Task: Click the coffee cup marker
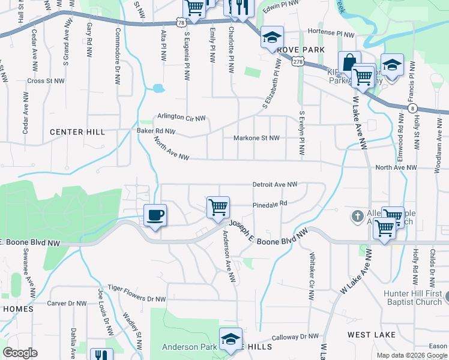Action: coord(155,215)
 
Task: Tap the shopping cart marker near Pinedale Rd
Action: coord(218,207)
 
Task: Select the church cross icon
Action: coord(357,215)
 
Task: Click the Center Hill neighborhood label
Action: coord(77,132)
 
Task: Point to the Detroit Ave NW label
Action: coord(274,185)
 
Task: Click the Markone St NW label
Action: coord(256,138)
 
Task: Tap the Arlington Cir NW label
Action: coord(181,117)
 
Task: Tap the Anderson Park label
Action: coord(188,347)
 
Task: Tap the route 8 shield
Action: coord(412,108)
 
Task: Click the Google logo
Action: coord(20,353)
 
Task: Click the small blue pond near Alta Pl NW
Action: coord(158,88)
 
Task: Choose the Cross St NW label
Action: coord(42,80)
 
